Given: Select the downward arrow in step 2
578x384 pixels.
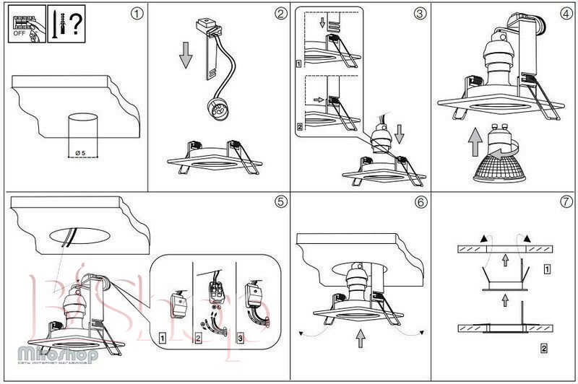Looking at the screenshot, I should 186,54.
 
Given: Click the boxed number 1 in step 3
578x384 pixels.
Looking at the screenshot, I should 299,64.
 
